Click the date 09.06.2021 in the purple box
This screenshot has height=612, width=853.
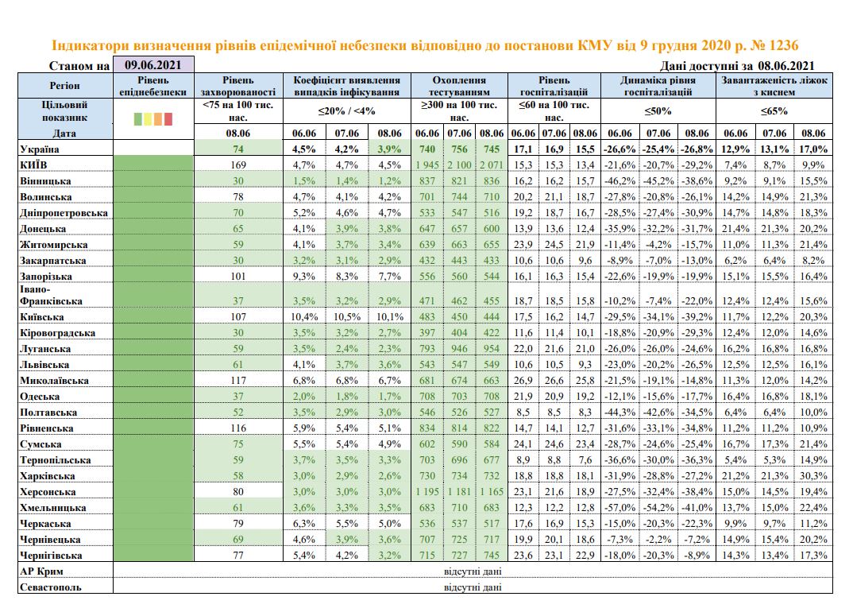[x=152, y=65]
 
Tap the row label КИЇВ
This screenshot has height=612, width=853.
[x=33, y=165]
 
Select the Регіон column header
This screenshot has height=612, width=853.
[x=65, y=86]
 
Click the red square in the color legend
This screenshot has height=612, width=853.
[x=168, y=118]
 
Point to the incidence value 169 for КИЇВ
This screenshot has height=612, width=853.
[x=238, y=165]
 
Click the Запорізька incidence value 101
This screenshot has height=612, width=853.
[x=238, y=276]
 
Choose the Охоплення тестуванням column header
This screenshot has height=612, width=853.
[x=459, y=86]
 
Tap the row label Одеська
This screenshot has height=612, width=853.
[x=40, y=397]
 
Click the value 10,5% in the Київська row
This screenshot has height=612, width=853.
[x=347, y=317]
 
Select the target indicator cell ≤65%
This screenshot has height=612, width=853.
[x=774, y=111]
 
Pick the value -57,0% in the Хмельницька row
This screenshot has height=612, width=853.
[x=619, y=507]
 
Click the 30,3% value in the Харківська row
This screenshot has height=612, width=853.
[x=813, y=476]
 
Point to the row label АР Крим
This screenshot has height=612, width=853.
[x=41, y=571]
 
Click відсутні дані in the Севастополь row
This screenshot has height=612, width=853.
[x=473, y=587]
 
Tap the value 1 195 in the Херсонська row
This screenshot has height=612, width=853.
[x=427, y=492]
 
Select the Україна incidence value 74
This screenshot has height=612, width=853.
[x=238, y=149]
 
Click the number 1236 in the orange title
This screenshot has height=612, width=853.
[x=783, y=45]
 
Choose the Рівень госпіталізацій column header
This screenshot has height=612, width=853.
[x=554, y=86]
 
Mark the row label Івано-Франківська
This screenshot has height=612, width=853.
[x=51, y=295]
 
